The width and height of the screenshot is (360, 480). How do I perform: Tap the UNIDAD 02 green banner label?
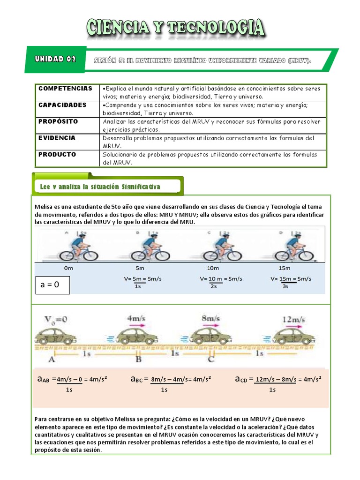point(55,60)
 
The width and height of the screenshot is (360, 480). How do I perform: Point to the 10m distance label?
point(213,268)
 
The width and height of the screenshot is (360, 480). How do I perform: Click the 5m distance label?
point(140,268)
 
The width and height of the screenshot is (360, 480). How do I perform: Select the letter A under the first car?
point(51,360)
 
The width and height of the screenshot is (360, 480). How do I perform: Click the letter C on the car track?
point(211,360)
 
